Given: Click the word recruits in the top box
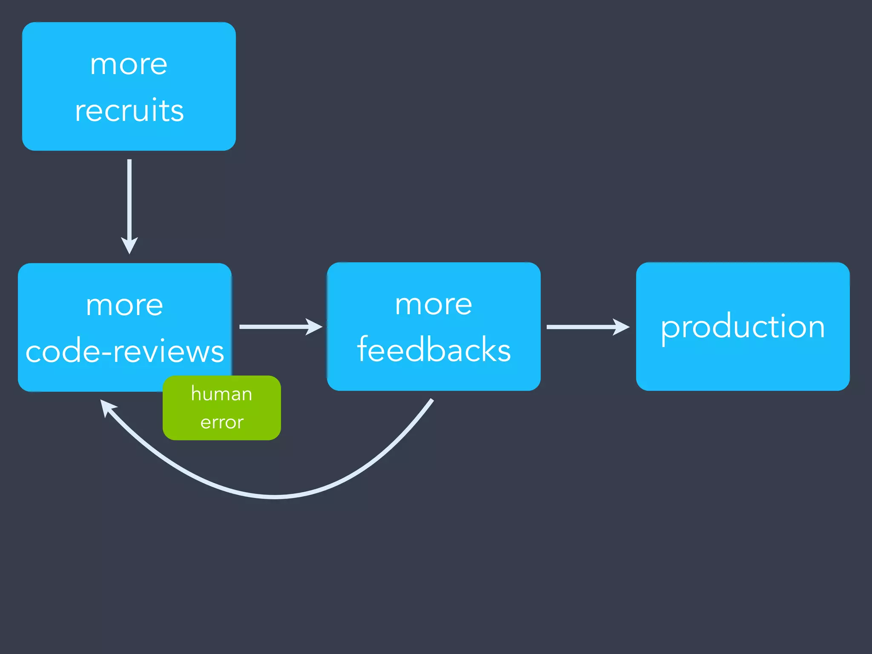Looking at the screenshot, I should click(129, 110).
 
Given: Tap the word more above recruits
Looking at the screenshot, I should click(129, 65).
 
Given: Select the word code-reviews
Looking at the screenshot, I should click(125, 352).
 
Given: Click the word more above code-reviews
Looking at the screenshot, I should click(124, 305).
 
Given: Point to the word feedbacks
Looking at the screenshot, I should click(434, 350).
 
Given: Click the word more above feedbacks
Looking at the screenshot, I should click(433, 304).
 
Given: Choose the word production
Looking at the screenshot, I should click(743, 327).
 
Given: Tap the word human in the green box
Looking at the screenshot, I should click(221, 393).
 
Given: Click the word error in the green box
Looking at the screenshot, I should click(222, 422).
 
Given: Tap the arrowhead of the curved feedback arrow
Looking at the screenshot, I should click(106, 407).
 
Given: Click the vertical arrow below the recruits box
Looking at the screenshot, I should click(129, 200).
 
